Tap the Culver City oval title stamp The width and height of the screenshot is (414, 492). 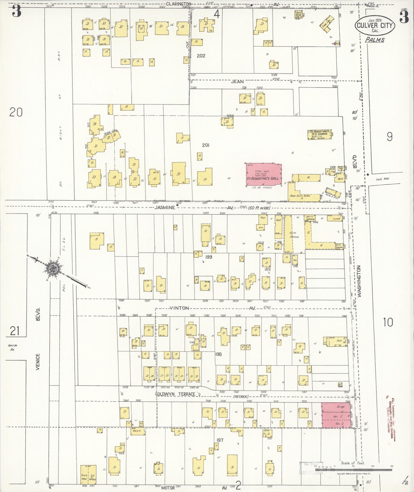point(375,25)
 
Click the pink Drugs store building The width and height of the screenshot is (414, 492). point(336,414)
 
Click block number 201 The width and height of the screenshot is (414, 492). point(206,145)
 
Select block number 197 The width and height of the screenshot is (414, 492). point(220,440)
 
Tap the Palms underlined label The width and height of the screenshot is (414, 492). point(375,40)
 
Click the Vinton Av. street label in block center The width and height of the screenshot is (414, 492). point(179,308)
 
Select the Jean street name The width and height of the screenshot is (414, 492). point(237,82)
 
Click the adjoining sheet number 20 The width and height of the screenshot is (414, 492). point(16,112)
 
